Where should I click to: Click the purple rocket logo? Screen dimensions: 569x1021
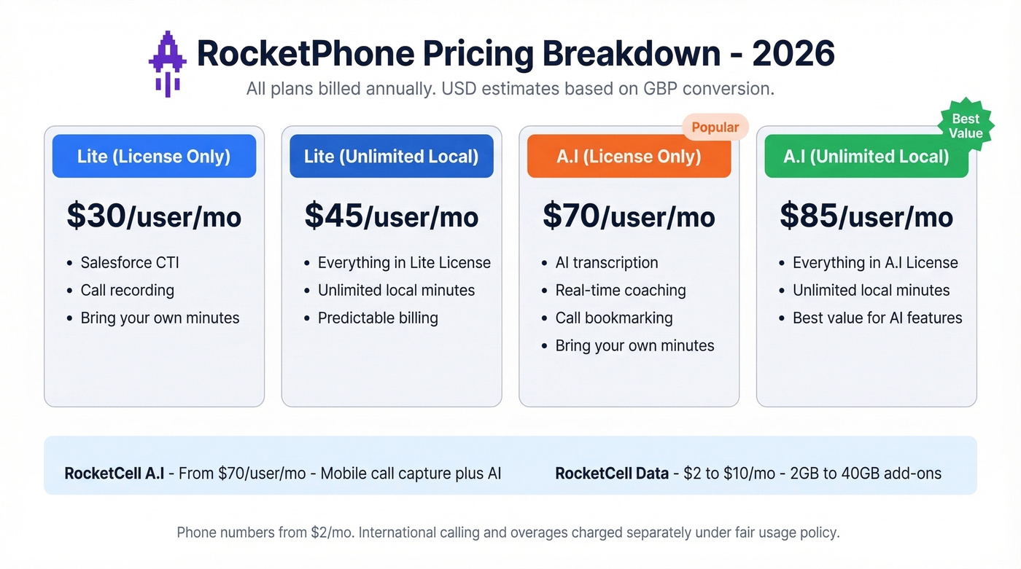pyautogui.click(x=166, y=64)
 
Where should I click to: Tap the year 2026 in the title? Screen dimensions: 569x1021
pyautogui.click(x=793, y=54)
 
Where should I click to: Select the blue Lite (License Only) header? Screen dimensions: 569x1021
pyautogui.click(x=154, y=157)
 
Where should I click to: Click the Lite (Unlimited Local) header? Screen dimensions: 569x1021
pyautogui.click(x=392, y=157)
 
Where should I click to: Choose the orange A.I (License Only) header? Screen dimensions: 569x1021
pyautogui.click(x=629, y=157)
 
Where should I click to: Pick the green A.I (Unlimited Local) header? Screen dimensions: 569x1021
pyautogui.click(x=866, y=157)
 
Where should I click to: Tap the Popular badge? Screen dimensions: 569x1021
pyautogui.click(x=715, y=127)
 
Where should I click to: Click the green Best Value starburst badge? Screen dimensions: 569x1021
pyautogui.click(x=966, y=126)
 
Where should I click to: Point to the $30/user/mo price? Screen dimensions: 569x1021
pyautogui.click(x=154, y=216)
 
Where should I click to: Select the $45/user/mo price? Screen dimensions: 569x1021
pyautogui.click(x=392, y=216)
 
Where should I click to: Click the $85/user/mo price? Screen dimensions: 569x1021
pyautogui.click(x=866, y=216)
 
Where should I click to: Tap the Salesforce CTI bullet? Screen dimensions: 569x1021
pyautogui.click(x=130, y=263)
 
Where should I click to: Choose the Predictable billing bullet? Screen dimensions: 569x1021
pyautogui.click(x=378, y=318)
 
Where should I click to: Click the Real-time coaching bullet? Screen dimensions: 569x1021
pyautogui.click(x=621, y=291)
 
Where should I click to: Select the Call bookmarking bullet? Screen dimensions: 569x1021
pyautogui.click(x=614, y=318)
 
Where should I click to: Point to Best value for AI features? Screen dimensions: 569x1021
pyautogui.click(x=877, y=318)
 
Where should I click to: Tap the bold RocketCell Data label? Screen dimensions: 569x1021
pyautogui.click(x=612, y=474)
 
